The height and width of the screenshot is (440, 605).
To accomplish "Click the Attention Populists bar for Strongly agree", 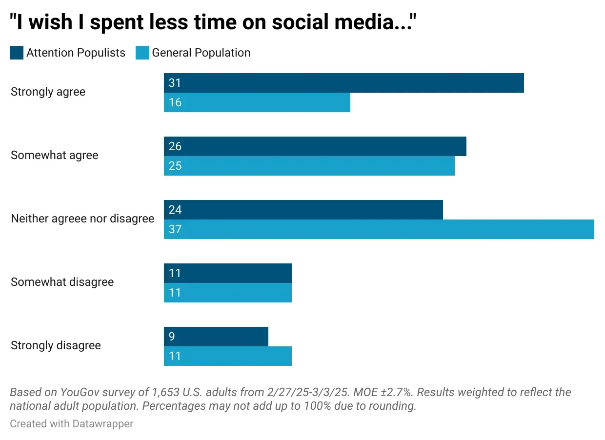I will [343, 83].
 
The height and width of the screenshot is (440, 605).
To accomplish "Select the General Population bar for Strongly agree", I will [257, 102].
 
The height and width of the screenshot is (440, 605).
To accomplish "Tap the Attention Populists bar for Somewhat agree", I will [315, 146].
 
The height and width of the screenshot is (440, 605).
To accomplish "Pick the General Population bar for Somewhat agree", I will [309, 166].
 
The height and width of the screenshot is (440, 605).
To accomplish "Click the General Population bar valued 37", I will [379, 229].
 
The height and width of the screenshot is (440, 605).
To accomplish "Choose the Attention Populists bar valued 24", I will [303, 210].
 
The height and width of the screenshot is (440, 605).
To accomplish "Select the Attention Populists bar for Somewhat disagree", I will [227, 273].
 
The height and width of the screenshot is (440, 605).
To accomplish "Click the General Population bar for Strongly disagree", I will [227, 356].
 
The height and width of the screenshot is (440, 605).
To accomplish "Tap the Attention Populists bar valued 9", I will [216, 337].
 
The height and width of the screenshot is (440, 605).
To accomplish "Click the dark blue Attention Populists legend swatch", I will [17, 53].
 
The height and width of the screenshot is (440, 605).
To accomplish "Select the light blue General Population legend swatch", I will [142, 53].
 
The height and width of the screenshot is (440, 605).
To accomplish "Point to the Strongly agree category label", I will [48, 92].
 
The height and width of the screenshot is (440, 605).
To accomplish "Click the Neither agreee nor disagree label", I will [82, 219].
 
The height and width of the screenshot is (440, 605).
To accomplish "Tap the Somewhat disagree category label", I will [62, 282].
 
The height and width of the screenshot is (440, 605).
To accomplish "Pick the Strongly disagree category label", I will [56, 345].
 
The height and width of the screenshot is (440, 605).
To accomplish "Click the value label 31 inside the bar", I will [175, 83].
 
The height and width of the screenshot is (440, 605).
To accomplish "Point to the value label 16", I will [175, 102].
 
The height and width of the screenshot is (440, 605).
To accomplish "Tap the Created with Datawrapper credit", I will [71, 423].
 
